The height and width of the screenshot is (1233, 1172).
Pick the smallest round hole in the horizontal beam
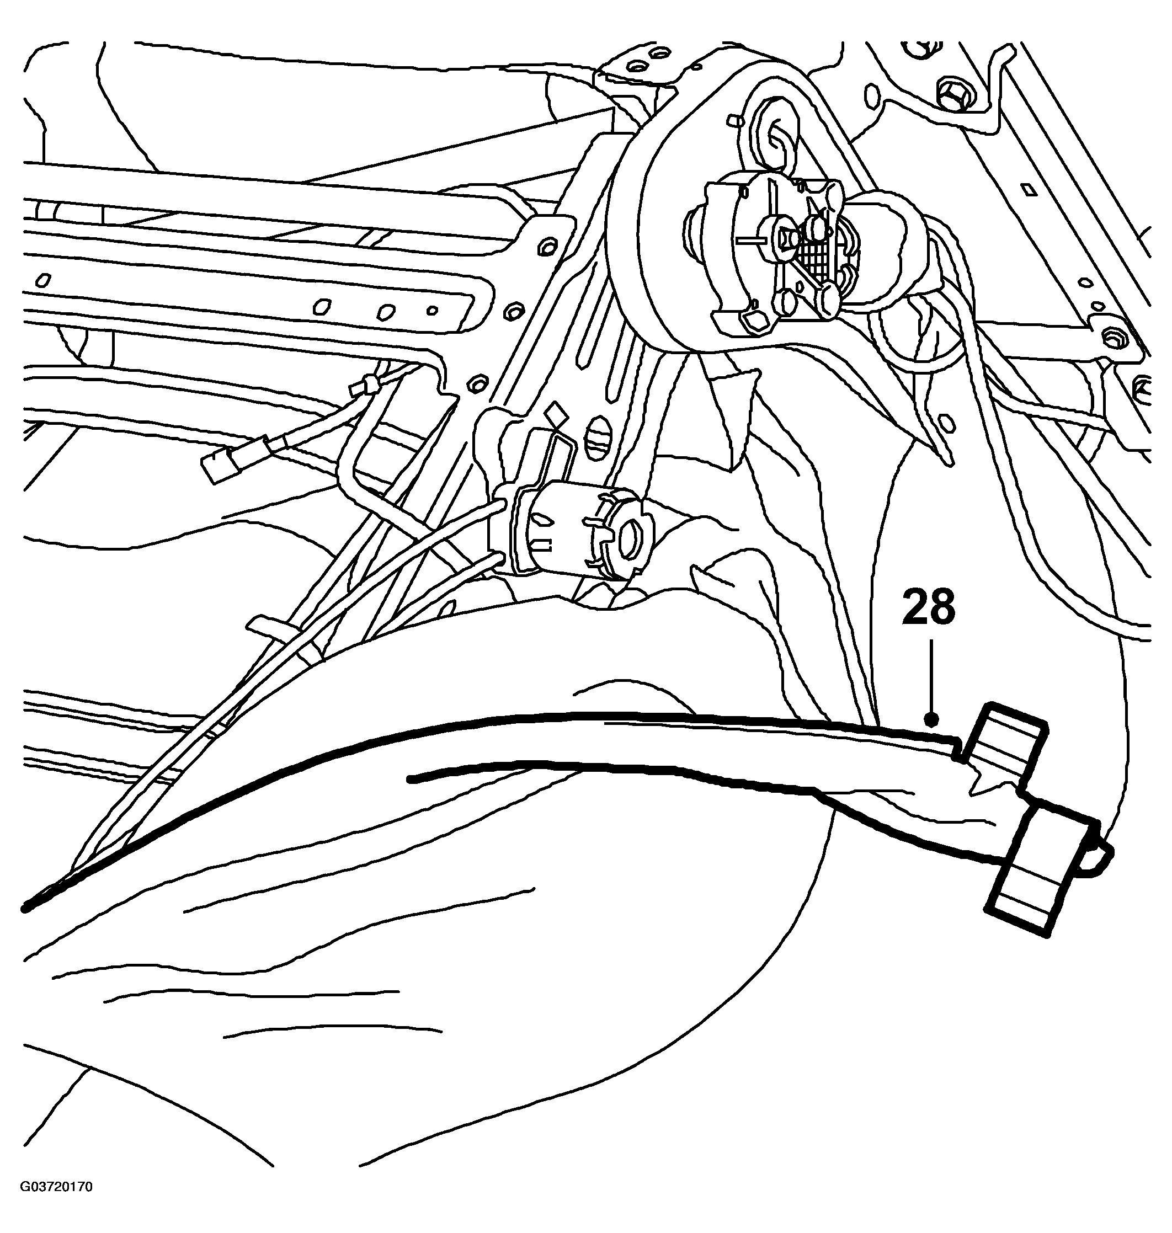[x=431, y=309]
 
